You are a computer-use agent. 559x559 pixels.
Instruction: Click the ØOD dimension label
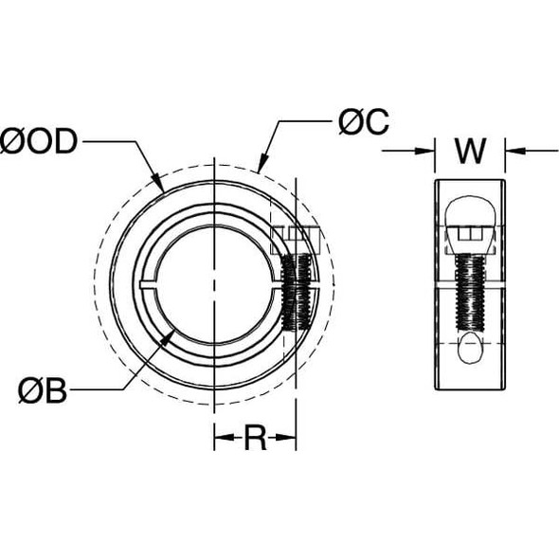pos(43,143)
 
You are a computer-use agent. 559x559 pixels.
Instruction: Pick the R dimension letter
pos(255,438)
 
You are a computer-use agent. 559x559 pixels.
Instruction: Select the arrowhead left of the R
pos(221,438)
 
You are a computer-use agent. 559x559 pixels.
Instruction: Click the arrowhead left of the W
pos(429,149)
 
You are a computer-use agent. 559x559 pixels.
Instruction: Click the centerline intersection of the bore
pos(218,282)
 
